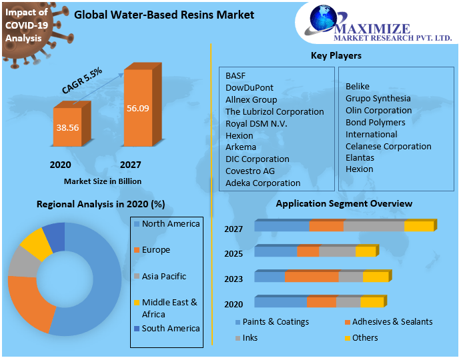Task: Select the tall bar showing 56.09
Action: click(138, 109)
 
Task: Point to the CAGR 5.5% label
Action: click(82, 80)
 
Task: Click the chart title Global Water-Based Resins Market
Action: click(164, 14)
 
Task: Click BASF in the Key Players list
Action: click(236, 75)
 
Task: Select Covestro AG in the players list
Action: click(250, 171)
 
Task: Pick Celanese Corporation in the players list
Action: click(388, 146)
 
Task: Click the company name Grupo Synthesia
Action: click(378, 98)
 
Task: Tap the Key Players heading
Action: click(336, 55)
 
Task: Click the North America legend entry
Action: click(170, 224)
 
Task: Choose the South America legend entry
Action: click(170, 328)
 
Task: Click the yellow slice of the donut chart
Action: click(35, 244)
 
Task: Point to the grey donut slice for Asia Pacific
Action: click(21, 264)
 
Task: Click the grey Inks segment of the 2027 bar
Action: click(374, 226)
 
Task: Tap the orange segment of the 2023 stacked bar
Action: click(312, 277)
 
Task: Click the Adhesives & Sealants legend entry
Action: click(392, 321)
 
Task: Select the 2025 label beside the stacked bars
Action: click(234, 254)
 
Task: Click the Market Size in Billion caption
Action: click(103, 181)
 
